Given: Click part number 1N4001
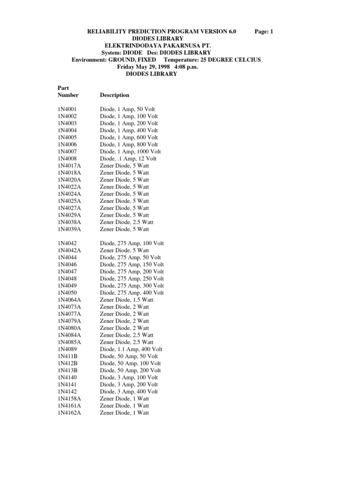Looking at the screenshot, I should coord(67,109).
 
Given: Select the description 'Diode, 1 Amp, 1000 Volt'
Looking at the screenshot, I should coord(130,151).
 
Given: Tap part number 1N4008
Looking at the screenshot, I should coord(67,158).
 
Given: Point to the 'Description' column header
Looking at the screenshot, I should coord(114,95).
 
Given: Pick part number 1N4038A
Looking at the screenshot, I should coord(69,222).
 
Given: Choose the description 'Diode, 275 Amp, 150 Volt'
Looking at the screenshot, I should coord(132,265).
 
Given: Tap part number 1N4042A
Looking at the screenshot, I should coord(69,251).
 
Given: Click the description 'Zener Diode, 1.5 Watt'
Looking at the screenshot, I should coord(127,300).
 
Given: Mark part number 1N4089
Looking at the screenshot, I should coord(67,349).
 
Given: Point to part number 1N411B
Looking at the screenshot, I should coord(67,356).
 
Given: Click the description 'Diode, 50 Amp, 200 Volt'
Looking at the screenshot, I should coord(130,370).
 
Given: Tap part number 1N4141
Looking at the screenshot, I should coord(67,384).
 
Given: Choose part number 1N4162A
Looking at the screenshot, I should coord(69,413).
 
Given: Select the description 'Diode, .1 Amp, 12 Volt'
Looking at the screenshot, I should coord(128,158).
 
